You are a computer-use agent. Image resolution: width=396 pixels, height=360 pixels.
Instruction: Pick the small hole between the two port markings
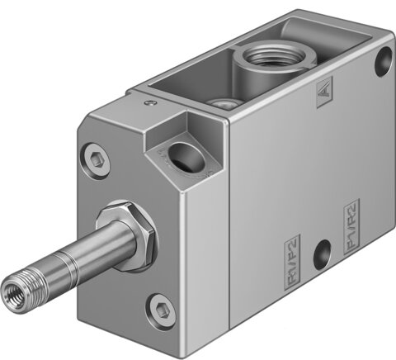(x=322, y=248)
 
